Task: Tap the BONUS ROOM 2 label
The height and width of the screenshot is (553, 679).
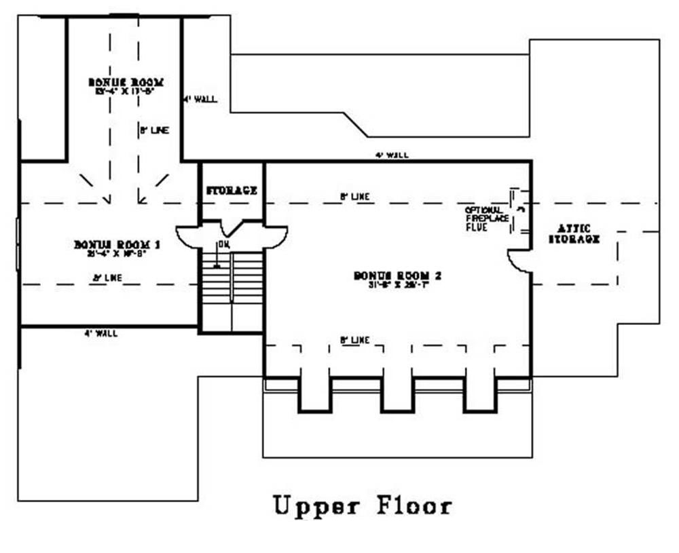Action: point(397,275)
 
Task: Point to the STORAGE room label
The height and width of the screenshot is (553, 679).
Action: point(232,191)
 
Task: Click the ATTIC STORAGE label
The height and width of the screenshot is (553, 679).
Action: point(574,233)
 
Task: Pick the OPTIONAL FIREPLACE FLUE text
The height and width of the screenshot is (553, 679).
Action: point(484,219)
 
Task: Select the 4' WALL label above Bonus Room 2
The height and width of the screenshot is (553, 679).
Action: point(392,155)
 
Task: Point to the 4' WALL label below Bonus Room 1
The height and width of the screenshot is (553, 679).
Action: point(100,333)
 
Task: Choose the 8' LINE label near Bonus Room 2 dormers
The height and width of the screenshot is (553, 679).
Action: point(355,340)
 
